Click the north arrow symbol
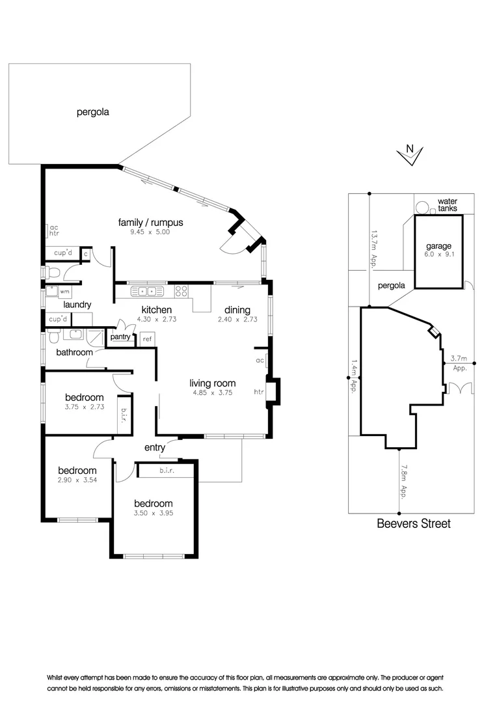[x=410, y=154]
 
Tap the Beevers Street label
[x=413, y=523]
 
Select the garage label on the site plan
[x=438, y=246]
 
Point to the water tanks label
[x=447, y=205]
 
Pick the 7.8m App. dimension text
[x=404, y=481]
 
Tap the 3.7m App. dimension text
[x=459, y=363]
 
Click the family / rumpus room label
[x=150, y=223]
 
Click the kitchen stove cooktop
[x=181, y=291]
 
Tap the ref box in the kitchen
[x=147, y=339]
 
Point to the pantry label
[x=120, y=337]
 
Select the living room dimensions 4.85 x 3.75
[x=212, y=393]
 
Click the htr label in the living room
[x=259, y=392]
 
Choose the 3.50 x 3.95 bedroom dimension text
[x=153, y=513]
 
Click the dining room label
[x=237, y=310]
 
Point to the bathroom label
[x=74, y=352]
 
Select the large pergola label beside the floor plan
[x=92, y=112]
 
